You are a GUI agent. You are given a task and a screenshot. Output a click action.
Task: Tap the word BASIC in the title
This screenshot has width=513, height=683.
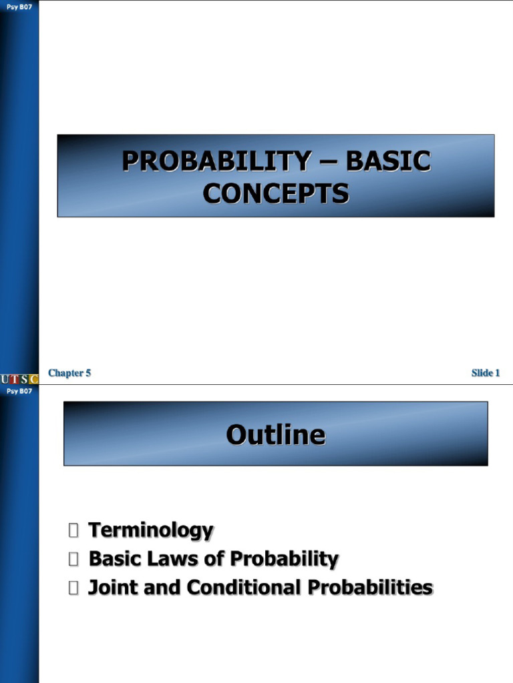tap(388, 161)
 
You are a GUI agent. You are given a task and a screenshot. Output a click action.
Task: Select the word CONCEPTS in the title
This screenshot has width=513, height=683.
tap(276, 193)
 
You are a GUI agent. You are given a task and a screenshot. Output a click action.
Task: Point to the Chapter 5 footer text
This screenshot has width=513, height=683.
tap(69, 373)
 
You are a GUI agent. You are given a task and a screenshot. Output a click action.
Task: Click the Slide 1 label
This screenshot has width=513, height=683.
tap(486, 373)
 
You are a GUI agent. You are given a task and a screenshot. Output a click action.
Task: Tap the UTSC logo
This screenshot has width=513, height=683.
tap(19, 379)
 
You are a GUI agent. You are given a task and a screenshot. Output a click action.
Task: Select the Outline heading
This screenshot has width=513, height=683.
tap(276, 435)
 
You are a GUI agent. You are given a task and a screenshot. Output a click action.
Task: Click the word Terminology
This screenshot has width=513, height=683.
tap(151, 531)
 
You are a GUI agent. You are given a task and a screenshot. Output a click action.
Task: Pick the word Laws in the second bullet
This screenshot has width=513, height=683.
tap(187, 559)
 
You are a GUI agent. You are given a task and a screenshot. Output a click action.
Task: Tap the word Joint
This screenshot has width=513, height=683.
tap(111, 588)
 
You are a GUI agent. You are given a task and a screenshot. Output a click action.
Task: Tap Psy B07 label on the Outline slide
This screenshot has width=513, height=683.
tap(19, 391)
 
